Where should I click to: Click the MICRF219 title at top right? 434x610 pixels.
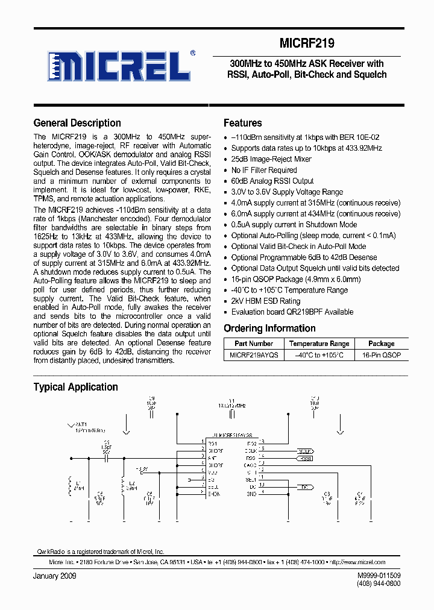(307, 43)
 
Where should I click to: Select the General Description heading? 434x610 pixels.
(77, 123)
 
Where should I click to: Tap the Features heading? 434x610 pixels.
(242, 123)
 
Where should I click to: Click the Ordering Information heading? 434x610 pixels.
(269, 329)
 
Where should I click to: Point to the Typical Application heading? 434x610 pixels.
(75, 387)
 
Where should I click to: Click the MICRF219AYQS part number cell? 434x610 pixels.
(254, 356)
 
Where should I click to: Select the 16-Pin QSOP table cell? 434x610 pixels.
(381, 356)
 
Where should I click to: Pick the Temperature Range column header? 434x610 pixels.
(319, 344)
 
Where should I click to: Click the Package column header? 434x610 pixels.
(381, 344)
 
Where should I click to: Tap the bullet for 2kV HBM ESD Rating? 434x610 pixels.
(226, 301)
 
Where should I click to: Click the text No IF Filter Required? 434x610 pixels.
(264, 170)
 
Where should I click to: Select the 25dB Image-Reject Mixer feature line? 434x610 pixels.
(271, 159)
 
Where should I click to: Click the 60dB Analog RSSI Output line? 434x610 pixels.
(272, 181)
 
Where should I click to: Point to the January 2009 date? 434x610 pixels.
(55, 576)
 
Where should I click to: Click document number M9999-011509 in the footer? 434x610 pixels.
(379, 576)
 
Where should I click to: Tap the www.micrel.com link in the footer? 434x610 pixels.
(364, 562)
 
